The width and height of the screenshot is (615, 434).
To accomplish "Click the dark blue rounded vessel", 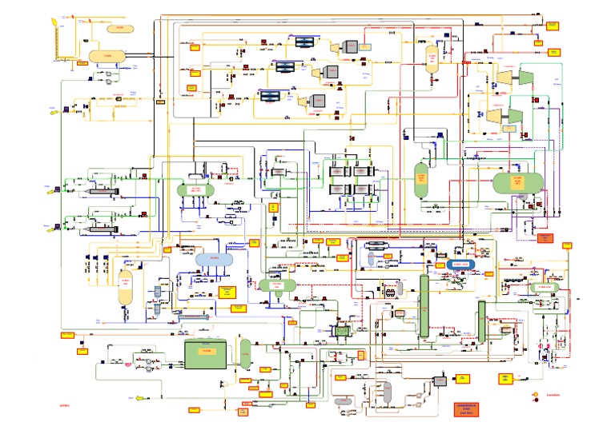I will point(462,264).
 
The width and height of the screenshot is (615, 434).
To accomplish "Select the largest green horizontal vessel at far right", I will point(517,182).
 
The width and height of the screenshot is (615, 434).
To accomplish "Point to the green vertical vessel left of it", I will point(421,180).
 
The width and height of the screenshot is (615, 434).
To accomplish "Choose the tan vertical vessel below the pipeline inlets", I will point(125,286).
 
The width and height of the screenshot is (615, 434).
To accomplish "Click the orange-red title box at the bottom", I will point(471,410).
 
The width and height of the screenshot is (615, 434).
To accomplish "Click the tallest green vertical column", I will point(424,304).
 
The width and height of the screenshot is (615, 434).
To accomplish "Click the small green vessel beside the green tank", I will point(245,352).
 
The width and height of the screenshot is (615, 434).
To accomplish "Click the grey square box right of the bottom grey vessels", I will point(439,381).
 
